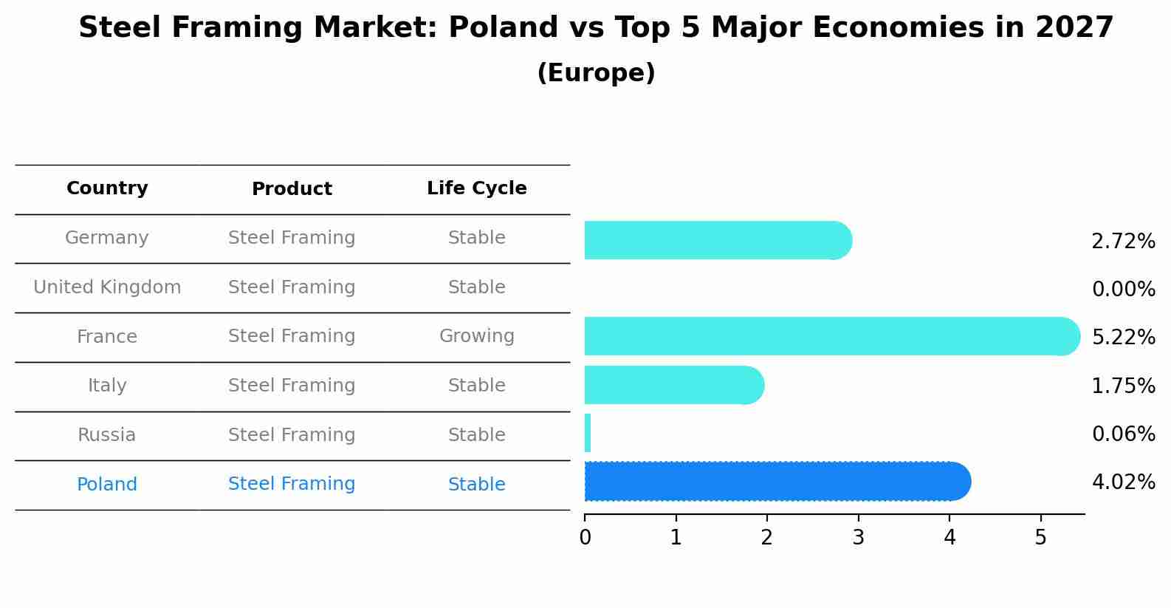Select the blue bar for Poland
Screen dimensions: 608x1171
pos(775,481)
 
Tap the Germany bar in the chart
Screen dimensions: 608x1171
pos(716,240)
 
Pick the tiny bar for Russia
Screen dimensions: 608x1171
pos(588,433)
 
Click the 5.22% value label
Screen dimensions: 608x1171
pos(1123,338)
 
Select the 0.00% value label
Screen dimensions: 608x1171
pos(1123,290)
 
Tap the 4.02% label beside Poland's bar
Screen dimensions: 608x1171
pos(1123,482)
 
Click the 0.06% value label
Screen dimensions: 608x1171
pos(1123,434)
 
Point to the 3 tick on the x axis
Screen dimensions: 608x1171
pos(858,538)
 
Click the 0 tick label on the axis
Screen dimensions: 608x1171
pos(585,538)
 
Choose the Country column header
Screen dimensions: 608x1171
pos(107,188)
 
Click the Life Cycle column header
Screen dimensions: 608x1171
pos(476,188)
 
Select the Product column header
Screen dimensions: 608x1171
pos(292,189)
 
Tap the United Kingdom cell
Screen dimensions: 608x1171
pos(107,287)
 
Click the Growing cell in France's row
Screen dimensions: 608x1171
pos(476,336)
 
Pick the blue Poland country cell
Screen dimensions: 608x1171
pos(107,485)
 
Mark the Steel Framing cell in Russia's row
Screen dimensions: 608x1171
pos(292,435)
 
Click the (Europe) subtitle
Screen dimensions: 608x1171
pos(596,73)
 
